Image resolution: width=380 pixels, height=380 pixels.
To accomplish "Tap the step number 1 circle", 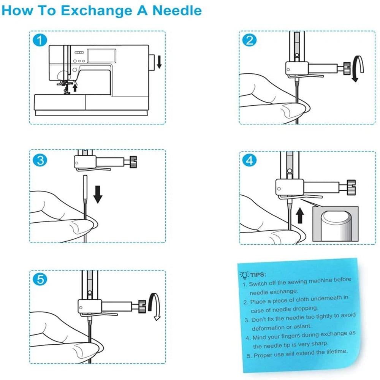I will [x=40, y=40].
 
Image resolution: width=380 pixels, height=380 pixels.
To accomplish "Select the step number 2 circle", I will [x=249, y=40].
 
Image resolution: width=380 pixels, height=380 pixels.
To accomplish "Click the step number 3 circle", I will [x=40, y=160].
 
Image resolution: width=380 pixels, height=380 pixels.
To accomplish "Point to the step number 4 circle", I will [x=249, y=160].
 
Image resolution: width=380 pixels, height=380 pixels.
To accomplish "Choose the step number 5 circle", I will [x=40, y=280].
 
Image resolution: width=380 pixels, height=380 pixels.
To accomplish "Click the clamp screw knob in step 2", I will [x=347, y=69].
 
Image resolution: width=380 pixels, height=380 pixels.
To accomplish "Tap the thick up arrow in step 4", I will [x=300, y=215].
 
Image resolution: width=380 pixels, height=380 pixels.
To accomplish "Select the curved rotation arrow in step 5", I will [x=155, y=306].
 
